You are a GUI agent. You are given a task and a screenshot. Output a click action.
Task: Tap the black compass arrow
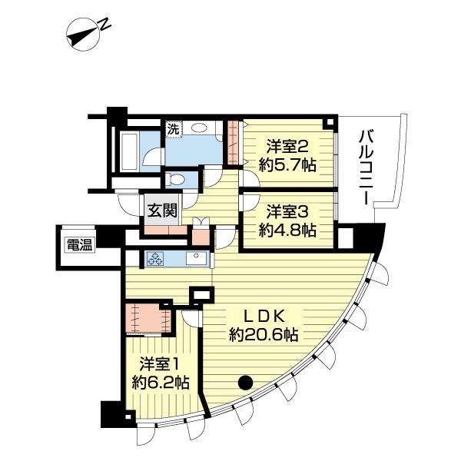tap(81, 35)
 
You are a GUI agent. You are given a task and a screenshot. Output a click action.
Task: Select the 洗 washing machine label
tap(174, 129)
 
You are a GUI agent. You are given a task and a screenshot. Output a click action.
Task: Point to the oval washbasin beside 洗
tap(201, 129)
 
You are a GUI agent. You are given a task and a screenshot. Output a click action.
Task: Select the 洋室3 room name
tap(287, 210)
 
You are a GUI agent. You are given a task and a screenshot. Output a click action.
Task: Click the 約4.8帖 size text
tap(287, 229)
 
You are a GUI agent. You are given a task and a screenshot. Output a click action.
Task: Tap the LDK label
tap(265, 315)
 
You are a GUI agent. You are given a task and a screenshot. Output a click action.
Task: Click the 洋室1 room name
tap(160, 363)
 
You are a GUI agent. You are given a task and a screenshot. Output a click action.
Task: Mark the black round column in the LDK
tap(245, 380)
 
